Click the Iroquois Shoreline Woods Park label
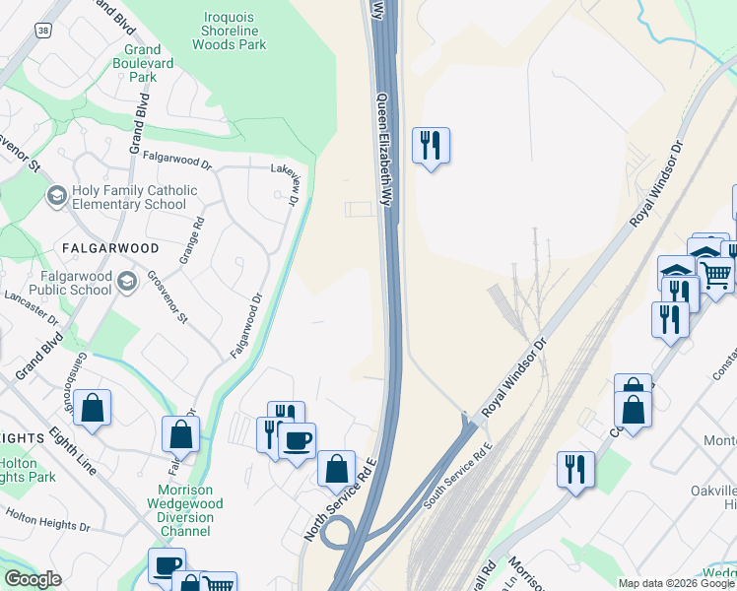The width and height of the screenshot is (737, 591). [229, 32]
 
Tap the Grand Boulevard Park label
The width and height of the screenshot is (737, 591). [143, 63]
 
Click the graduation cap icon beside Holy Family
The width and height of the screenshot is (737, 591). [57, 197]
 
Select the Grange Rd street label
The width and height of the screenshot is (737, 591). [190, 241]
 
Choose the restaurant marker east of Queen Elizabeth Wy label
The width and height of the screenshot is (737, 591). [430, 146]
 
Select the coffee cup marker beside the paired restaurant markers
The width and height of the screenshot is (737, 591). [296, 440]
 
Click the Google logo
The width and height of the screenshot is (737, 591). [33, 579]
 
